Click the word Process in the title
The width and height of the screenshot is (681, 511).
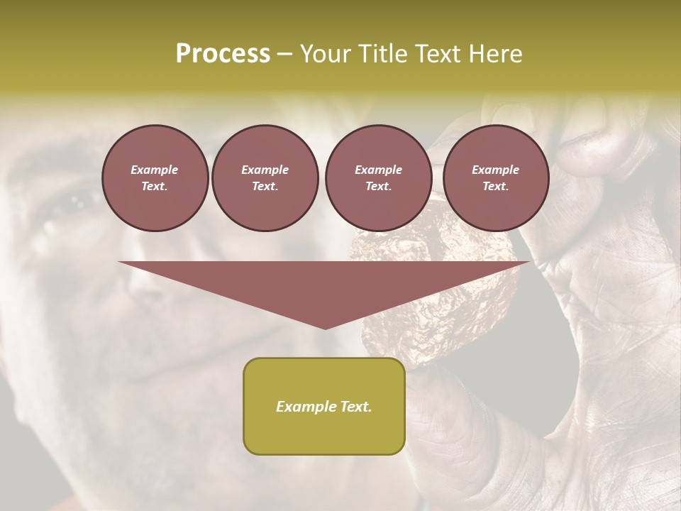coord(223,54)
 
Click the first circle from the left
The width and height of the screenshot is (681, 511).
coord(155,178)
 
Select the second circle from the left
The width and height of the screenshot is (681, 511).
coord(265,178)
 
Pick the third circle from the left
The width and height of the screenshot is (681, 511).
coord(378,178)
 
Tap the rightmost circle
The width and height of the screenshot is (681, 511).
coord(495,178)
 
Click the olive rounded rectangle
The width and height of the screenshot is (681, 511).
coord(324,406)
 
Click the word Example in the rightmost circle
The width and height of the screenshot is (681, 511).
coord(495,170)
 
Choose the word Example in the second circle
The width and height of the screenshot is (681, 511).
coord(265,170)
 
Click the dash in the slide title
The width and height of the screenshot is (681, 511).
coord(285,55)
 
